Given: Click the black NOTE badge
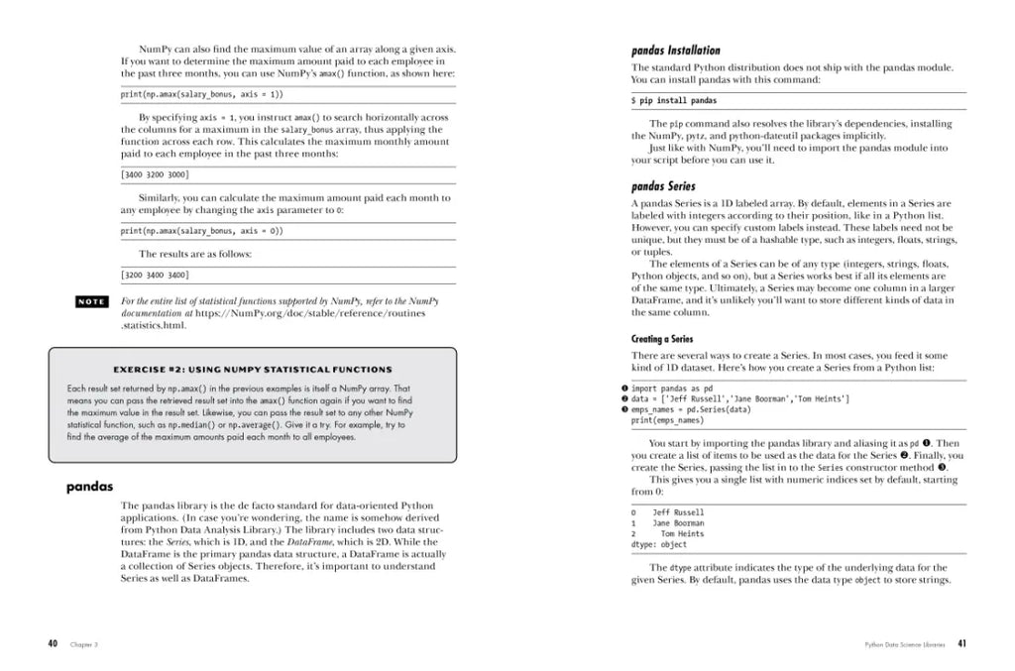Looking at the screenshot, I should click(93, 301).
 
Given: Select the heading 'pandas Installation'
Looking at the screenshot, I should click(676, 51).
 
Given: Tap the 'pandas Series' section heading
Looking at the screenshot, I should click(663, 186).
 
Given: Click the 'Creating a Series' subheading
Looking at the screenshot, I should click(662, 339).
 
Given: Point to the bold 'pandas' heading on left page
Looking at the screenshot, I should click(89, 487).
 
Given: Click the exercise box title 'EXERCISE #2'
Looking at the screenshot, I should click(253, 370).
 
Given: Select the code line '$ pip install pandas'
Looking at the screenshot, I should click(674, 101).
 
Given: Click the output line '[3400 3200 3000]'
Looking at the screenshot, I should click(154, 173).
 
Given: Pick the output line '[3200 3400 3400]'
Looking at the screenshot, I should click(154, 275).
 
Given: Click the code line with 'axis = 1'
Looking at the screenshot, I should click(201, 94).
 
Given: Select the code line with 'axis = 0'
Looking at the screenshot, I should click(201, 231).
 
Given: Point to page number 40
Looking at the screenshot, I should click(53, 643).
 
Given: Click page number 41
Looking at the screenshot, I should click(961, 643).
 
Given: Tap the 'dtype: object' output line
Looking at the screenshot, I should click(658, 544).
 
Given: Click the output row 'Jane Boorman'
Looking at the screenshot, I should click(678, 523).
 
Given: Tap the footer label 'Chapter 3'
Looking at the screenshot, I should click(83, 644).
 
